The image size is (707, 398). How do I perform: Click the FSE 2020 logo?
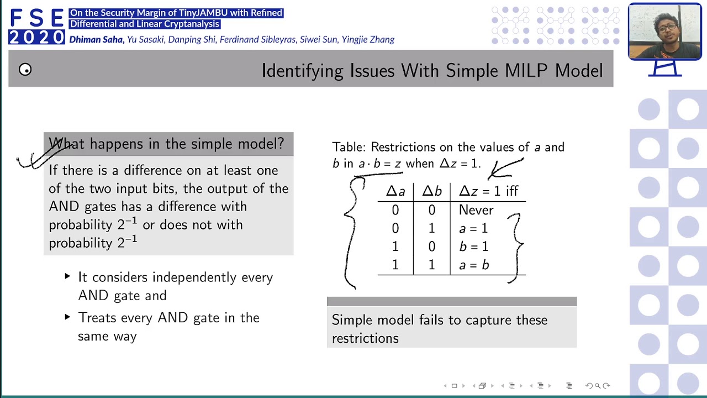coord(36,27)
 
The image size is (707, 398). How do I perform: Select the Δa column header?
coord(395,191)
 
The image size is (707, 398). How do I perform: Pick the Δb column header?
coord(432,191)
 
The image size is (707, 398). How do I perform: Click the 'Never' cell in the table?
coord(476,210)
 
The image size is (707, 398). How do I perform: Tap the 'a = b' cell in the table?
coord(474,265)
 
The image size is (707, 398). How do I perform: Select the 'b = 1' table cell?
coord(473,247)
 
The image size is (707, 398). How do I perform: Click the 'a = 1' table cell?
coord(473,228)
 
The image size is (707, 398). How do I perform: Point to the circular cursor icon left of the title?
coord(25,70)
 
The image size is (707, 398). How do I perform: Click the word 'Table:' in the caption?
coord(349,148)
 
